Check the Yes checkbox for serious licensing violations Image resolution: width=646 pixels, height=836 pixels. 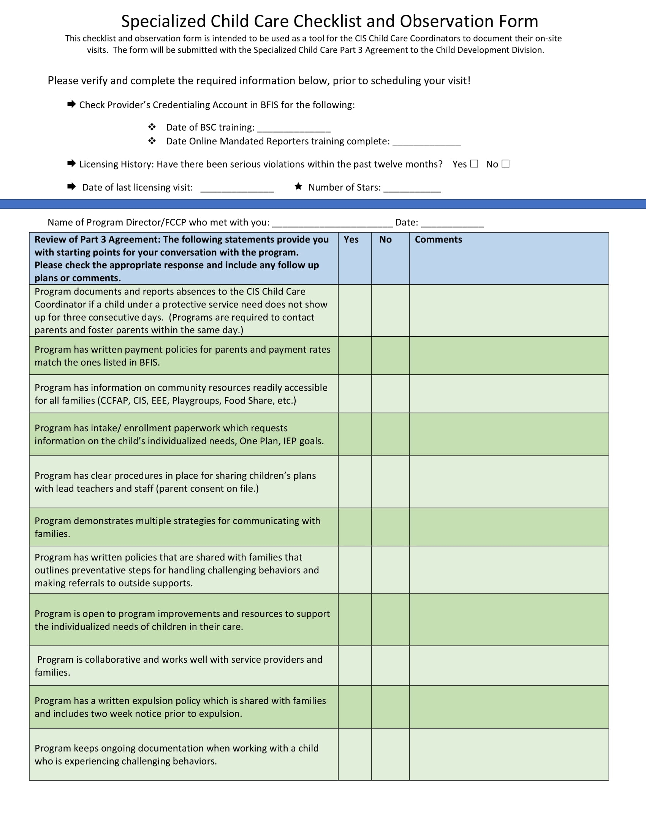(x=474, y=164)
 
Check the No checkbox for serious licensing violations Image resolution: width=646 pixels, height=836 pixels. (x=505, y=164)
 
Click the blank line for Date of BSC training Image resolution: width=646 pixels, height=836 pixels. (x=293, y=128)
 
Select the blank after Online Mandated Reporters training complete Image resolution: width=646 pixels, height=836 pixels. (x=426, y=142)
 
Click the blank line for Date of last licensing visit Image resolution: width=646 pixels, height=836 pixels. (x=237, y=188)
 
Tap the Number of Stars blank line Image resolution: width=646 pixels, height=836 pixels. (x=412, y=188)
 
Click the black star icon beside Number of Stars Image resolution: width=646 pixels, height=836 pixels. (x=299, y=187)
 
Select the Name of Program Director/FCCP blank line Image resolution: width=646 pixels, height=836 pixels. (x=332, y=223)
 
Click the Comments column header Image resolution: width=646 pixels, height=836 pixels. (x=438, y=240)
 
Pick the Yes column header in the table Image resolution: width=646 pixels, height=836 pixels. (x=351, y=240)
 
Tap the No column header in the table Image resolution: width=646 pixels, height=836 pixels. (x=385, y=240)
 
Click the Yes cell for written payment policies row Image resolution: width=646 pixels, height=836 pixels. (x=355, y=356)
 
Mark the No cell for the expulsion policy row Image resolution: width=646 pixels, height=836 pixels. (x=390, y=707)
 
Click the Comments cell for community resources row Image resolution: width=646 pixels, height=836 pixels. (x=509, y=394)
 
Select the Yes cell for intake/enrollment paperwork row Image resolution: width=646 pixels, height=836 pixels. (x=355, y=434)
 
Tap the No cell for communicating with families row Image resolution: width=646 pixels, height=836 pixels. (x=390, y=527)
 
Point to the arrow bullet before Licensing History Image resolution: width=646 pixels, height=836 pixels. (x=71, y=164)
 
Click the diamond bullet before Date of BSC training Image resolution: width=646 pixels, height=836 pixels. (x=152, y=127)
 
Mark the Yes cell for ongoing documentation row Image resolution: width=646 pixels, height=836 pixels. (x=355, y=754)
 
